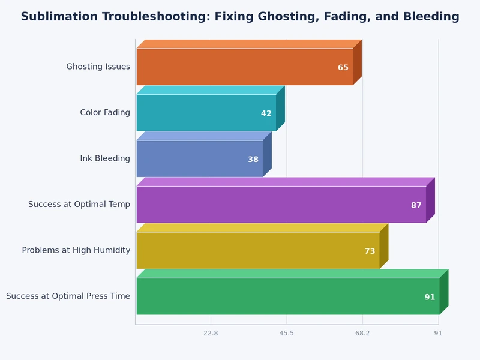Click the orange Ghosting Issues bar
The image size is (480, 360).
(240, 67)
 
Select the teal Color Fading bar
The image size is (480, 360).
(204, 113)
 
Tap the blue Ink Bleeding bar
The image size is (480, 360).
(198, 158)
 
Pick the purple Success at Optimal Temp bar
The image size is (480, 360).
(276, 205)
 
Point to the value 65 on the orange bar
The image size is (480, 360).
(343, 68)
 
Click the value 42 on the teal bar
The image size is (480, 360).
(266, 113)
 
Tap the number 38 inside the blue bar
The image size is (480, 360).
(253, 160)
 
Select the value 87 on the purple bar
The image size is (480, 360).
(416, 205)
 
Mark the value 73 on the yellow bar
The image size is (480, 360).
(370, 251)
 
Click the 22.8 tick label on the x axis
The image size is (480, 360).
(211, 333)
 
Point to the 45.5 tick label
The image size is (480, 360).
(287, 333)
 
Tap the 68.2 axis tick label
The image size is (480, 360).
(362, 333)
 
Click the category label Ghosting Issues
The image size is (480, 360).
(98, 67)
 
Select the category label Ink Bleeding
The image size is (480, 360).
(105, 158)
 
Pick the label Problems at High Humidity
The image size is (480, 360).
(76, 250)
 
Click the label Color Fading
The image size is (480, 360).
(105, 113)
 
